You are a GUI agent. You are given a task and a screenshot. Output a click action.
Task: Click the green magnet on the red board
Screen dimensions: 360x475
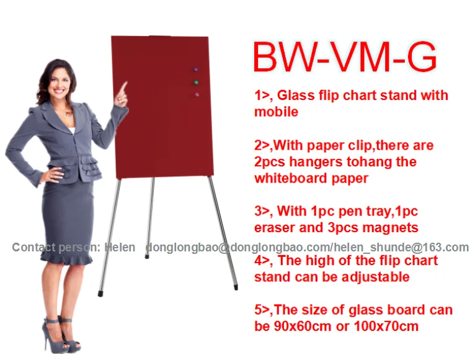pos(196,82)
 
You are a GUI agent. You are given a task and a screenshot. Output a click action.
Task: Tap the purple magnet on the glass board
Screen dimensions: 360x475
pos(197,70)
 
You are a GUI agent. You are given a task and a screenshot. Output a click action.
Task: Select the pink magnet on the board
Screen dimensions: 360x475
pos(197,94)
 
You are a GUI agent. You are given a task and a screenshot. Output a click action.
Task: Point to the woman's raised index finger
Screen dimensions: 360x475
pos(123,87)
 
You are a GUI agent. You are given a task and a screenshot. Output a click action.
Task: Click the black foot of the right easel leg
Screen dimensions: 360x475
pos(236,287)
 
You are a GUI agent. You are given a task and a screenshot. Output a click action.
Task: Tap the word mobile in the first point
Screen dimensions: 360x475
pos(276,112)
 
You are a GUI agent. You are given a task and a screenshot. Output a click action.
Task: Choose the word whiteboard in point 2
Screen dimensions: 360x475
pos(291,178)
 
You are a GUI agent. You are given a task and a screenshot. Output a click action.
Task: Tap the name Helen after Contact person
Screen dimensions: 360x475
pos(120,248)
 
